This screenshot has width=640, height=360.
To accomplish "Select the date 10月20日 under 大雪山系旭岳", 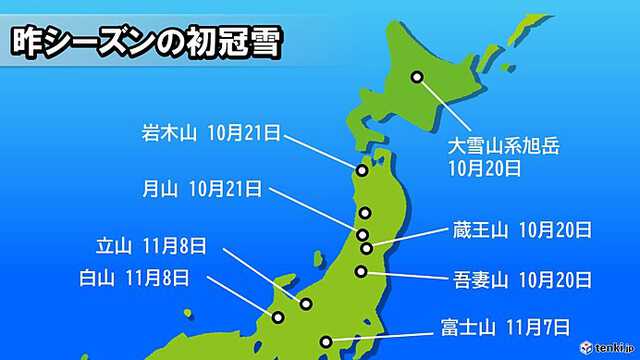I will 484,169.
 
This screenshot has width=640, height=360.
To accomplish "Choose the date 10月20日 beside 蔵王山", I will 554,232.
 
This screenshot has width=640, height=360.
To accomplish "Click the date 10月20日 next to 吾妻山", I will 554,275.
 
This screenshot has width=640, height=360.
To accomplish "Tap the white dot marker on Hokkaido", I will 417,77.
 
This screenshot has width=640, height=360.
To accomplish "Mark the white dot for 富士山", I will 324,342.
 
